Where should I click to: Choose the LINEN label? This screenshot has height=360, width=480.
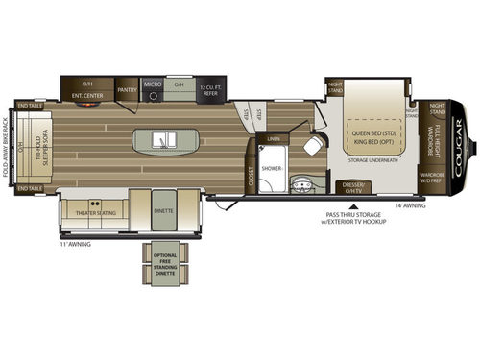point(275,140)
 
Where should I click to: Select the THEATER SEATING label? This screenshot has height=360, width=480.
point(96,213)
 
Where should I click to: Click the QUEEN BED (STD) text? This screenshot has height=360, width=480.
point(371,132)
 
